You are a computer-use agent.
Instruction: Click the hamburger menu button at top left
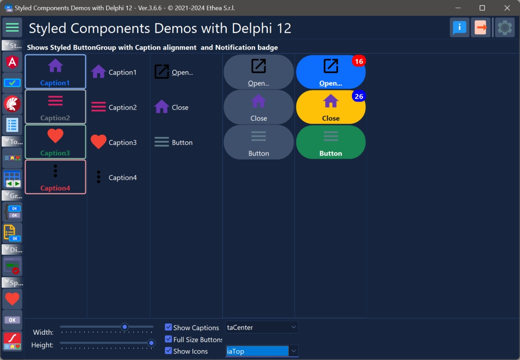click(13, 28)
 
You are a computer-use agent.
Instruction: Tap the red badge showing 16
click(359, 61)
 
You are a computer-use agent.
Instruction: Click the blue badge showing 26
click(359, 96)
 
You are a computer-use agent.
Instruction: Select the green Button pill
click(330, 142)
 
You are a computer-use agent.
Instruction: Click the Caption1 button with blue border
click(55, 72)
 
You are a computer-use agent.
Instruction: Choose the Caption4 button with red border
click(55, 177)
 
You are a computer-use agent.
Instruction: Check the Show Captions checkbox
click(168, 327)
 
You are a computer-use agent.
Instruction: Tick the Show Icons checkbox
click(168, 351)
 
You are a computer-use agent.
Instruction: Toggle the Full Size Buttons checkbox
click(168, 339)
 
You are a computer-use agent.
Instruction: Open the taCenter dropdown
click(293, 327)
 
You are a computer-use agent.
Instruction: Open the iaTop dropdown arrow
click(293, 351)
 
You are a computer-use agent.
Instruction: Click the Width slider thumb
click(125, 327)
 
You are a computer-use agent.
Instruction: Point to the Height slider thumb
click(151, 343)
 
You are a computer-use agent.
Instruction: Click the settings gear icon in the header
click(505, 28)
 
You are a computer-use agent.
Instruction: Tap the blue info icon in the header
click(460, 28)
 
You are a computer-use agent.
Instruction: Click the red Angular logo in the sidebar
click(12, 62)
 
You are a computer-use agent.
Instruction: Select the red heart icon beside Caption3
click(98, 141)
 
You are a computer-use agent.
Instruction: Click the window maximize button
click(482, 8)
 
